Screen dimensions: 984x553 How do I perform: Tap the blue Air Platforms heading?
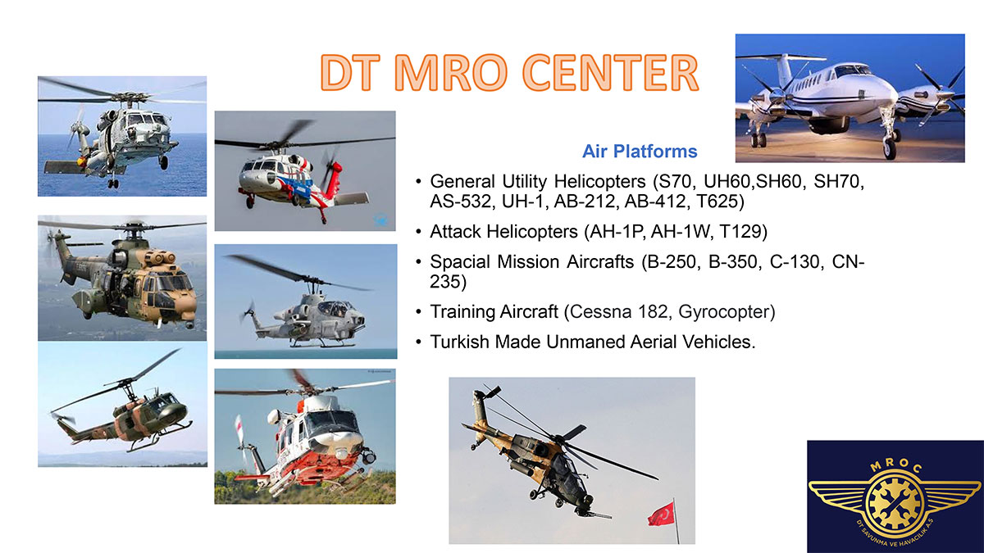640,152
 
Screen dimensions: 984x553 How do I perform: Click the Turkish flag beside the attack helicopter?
661,514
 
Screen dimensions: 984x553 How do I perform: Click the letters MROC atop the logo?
896,466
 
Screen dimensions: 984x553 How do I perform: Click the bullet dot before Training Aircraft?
419,312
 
